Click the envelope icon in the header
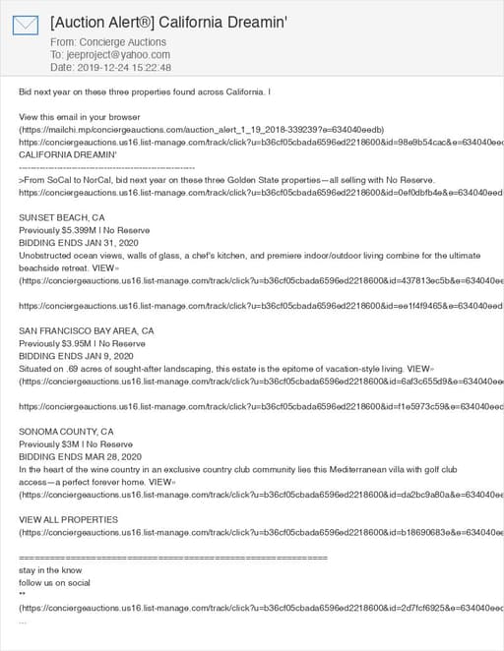click(x=27, y=26)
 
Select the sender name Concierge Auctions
click(x=122, y=42)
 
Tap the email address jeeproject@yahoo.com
click(x=116, y=55)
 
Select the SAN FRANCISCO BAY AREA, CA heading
click(x=87, y=331)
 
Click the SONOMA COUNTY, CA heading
click(x=66, y=432)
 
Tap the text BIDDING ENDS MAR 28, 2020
click(x=81, y=457)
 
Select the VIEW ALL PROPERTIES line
click(x=68, y=519)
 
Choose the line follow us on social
click(x=55, y=582)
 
